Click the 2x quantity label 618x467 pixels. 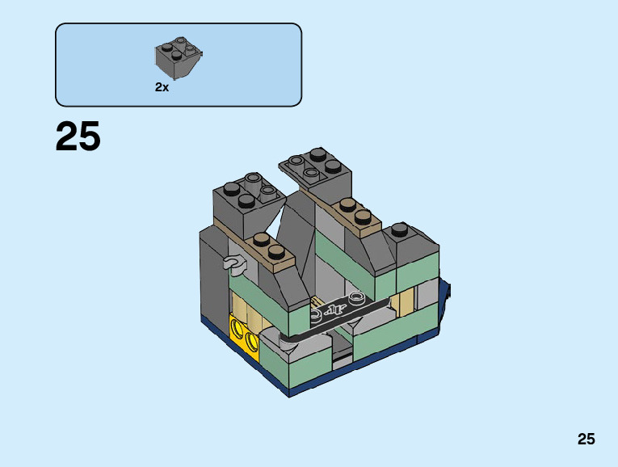pyautogui.click(x=162, y=87)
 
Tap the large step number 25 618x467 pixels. pyautogui.click(x=78, y=136)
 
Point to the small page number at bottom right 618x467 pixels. pyautogui.click(x=586, y=439)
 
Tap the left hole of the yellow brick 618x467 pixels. pyautogui.click(x=238, y=327)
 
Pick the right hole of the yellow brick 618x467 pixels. pyautogui.click(x=251, y=339)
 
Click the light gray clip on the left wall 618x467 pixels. pyautogui.click(x=234, y=263)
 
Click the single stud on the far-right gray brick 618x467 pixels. pyautogui.click(x=400, y=229)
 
